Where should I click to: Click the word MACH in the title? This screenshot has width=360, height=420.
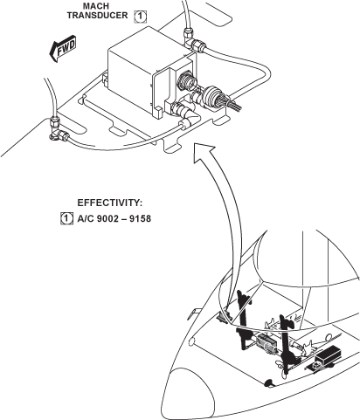96,6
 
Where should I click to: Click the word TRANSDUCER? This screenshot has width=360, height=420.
97,15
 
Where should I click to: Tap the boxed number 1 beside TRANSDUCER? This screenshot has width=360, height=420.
141,17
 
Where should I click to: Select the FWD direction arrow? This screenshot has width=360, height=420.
63,49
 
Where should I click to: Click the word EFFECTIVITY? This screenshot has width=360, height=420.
110,203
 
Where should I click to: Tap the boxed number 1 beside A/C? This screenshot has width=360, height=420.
66,218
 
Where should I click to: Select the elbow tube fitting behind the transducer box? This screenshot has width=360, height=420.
193,40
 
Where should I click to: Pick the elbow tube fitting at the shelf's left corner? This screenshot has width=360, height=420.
59,129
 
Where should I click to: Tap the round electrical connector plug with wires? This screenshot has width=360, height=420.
211,96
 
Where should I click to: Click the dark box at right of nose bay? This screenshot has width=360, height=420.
329,354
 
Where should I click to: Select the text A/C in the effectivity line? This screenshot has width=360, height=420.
86,218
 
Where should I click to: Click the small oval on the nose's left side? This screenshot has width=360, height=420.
191,342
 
